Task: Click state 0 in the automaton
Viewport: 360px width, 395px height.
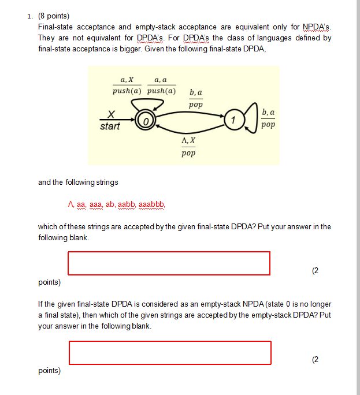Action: click(x=146, y=122)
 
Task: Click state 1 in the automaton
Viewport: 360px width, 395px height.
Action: click(x=233, y=120)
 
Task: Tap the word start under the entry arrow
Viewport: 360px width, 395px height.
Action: click(x=110, y=126)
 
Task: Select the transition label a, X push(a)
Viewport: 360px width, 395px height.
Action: click(x=127, y=86)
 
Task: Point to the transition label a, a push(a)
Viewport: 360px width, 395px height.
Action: click(x=161, y=86)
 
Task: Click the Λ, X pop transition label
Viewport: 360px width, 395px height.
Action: click(x=188, y=147)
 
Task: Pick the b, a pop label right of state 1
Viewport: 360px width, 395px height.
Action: click(x=268, y=118)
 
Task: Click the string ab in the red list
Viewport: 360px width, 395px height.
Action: click(x=110, y=204)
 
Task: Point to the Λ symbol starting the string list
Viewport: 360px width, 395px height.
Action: click(x=70, y=204)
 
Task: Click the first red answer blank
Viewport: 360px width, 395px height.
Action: click(x=169, y=263)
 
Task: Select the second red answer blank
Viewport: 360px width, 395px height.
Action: click(x=170, y=353)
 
